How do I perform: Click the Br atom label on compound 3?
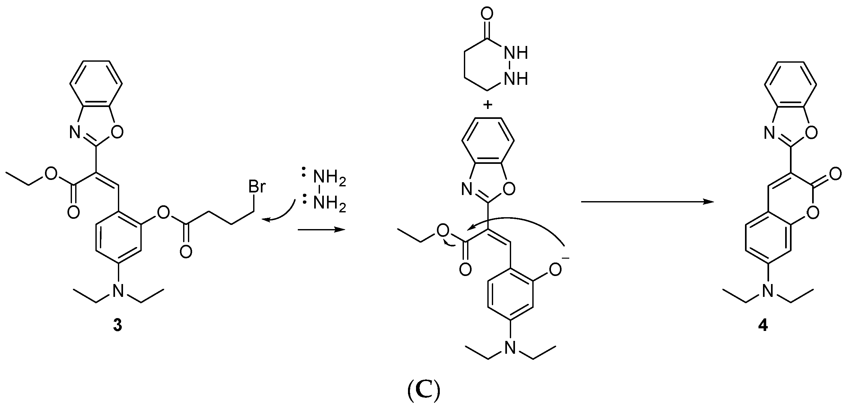click(257, 187)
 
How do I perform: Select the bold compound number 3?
click(117, 325)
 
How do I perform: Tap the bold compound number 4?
click(763, 326)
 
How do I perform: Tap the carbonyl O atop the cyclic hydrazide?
click(487, 14)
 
